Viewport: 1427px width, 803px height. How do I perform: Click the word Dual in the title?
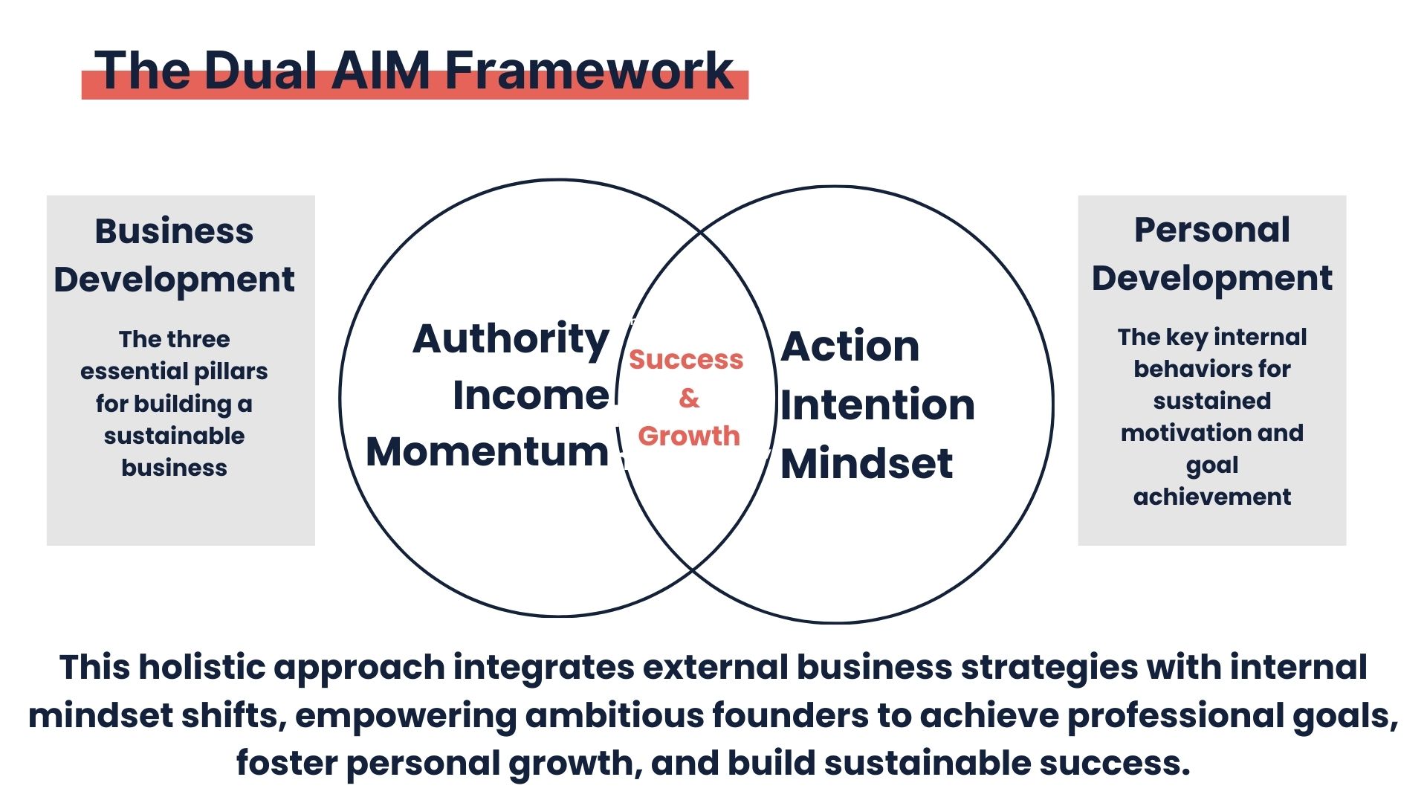coord(261,71)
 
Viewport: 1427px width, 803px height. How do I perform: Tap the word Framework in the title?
coord(589,71)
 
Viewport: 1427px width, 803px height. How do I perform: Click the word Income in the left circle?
coord(531,395)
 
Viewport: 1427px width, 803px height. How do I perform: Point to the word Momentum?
coord(488,451)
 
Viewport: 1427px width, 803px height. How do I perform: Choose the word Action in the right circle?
coord(850,346)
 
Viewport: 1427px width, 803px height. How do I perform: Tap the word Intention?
coord(877,404)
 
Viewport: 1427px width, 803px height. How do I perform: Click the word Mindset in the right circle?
coord(867,463)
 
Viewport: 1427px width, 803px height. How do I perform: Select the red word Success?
coord(686,359)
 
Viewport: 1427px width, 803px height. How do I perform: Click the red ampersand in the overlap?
coord(689,398)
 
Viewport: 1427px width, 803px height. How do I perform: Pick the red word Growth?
coord(689,436)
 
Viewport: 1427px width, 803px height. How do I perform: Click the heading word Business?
coord(174,230)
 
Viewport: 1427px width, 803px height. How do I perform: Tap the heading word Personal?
coord(1212,230)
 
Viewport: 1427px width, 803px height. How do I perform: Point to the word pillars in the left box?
coord(231,371)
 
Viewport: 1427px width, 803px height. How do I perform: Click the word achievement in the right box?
coord(1212,497)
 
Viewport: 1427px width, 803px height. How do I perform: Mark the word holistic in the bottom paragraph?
coord(201,667)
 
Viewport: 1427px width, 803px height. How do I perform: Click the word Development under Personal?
coord(1212,279)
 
